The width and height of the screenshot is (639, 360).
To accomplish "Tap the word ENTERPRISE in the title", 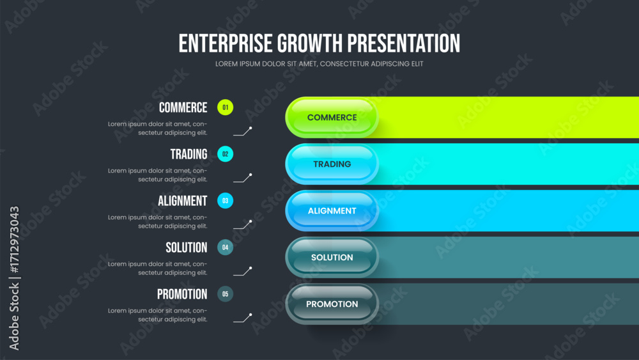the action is (x=226, y=43).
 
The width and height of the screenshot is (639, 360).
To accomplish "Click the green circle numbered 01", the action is (x=226, y=107).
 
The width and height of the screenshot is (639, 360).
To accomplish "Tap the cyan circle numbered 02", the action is (x=226, y=154).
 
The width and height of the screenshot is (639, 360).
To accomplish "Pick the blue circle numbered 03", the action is (x=226, y=201).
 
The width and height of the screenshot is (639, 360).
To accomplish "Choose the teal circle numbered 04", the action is (x=226, y=247).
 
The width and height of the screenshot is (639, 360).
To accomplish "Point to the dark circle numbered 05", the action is (x=226, y=294).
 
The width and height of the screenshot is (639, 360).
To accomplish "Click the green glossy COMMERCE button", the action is (x=332, y=118).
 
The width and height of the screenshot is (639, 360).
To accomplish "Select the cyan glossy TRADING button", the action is (x=332, y=164).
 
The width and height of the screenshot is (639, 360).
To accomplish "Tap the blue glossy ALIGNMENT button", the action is (x=332, y=211).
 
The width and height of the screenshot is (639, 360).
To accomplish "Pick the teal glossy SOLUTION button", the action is (x=332, y=257).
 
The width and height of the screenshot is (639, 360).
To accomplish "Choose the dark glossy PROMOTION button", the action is (x=332, y=304).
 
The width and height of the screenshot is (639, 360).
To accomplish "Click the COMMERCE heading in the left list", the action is (x=183, y=107).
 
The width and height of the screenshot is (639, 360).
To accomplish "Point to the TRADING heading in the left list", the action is (x=189, y=154).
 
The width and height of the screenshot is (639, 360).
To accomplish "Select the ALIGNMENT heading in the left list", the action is (x=183, y=201).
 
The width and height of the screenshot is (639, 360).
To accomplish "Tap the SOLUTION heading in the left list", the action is (x=186, y=247).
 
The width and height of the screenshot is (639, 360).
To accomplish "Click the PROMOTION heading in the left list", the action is (x=182, y=294).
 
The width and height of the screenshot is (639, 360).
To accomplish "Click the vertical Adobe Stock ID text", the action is (x=14, y=278).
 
